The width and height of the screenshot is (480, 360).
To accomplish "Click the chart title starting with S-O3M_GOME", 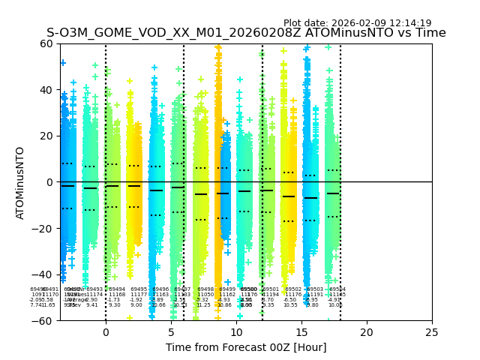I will [246, 33].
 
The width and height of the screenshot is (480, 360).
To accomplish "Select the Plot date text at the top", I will [357, 23].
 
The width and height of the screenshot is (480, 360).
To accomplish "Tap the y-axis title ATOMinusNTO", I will [21, 182].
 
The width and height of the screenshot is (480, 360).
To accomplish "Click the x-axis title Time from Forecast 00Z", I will [246, 347].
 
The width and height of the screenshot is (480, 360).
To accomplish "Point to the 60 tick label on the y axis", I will [45, 43].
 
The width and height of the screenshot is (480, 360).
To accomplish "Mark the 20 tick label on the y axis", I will [45, 136].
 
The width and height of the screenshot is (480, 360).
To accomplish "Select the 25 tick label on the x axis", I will [432, 331].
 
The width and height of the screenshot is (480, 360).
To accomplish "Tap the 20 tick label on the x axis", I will [367, 331].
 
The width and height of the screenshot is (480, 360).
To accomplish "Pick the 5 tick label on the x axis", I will [171, 331].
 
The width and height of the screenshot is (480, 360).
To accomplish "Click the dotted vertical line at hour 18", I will [340, 150].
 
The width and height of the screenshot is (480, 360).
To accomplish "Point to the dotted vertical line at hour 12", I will [262, 150].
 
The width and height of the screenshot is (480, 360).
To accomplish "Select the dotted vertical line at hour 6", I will [184, 150].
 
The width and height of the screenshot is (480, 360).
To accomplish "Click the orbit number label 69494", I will [117, 289].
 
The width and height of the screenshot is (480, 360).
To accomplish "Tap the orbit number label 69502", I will [293, 289].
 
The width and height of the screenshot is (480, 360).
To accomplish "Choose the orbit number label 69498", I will [205, 289].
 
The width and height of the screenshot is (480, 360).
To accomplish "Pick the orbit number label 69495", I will [139, 289].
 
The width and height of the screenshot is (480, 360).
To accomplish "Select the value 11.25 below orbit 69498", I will [203, 305].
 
